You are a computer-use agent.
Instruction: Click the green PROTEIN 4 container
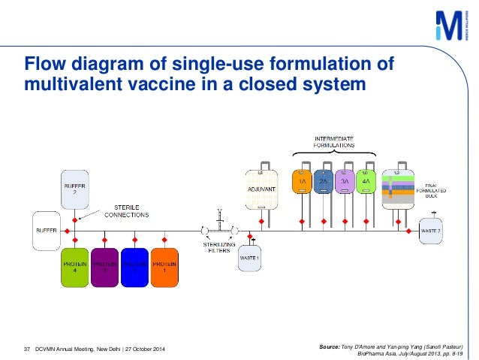click(74, 267)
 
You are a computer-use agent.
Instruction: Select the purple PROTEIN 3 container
click(104, 267)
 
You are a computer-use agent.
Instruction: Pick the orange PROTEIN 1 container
click(164, 267)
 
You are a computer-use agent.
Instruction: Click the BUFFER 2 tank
click(74, 189)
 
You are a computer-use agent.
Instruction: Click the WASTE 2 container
click(430, 230)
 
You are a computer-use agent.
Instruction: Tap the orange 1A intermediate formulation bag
click(303, 181)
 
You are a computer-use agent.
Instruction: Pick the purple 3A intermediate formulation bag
click(346, 181)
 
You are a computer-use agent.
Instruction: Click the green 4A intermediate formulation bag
click(368, 181)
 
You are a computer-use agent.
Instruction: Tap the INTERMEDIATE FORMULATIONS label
click(335, 141)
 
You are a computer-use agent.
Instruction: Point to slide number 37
click(27, 347)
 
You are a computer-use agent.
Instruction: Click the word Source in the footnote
click(330, 344)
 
